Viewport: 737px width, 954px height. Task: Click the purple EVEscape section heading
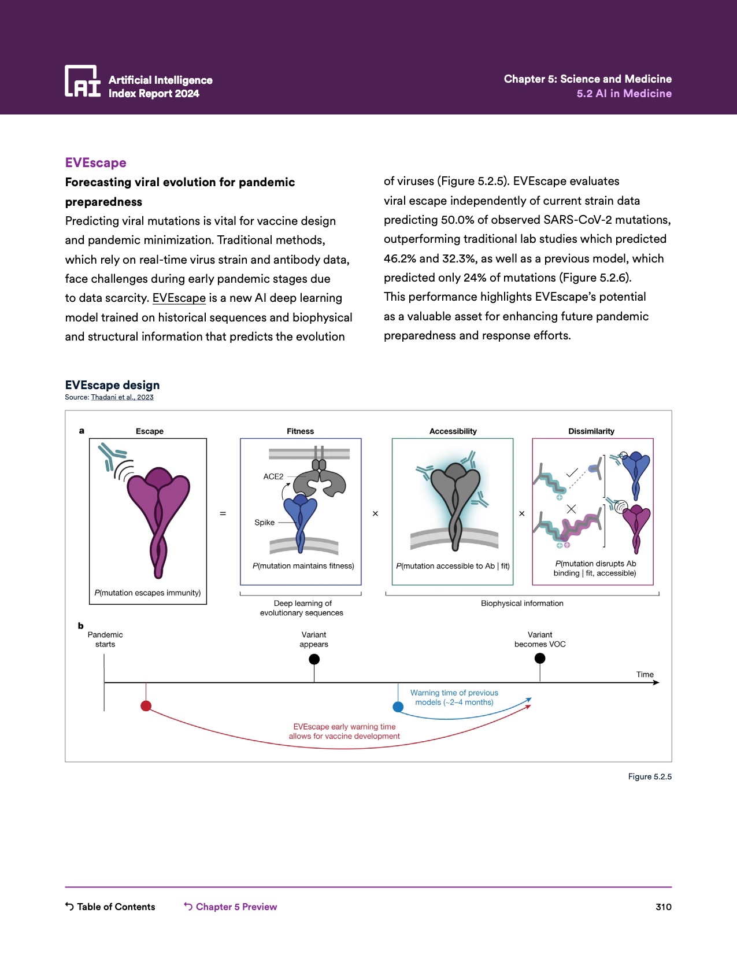95,163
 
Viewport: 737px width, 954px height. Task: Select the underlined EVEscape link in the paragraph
179,298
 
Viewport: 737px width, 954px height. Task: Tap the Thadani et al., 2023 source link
122,397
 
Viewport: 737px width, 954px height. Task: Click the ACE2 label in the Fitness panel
273,476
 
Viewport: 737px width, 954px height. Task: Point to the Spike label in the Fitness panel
264,522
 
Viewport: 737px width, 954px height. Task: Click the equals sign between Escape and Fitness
223,513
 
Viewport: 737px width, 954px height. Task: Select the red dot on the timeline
146,705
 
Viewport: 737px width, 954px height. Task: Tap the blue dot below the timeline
398,707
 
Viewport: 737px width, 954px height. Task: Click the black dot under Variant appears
314,659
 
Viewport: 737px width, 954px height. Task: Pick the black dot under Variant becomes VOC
540,658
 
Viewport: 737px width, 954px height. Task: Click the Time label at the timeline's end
645,674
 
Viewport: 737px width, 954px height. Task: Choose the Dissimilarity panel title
591,431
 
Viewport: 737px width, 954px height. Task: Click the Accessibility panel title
453,431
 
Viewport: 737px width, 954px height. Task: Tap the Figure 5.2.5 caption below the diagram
650,776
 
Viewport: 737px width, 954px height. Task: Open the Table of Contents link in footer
110,907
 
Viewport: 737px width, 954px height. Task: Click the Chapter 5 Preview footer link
231,907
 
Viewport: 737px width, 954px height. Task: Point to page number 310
663,907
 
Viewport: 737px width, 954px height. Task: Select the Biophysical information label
522,603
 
